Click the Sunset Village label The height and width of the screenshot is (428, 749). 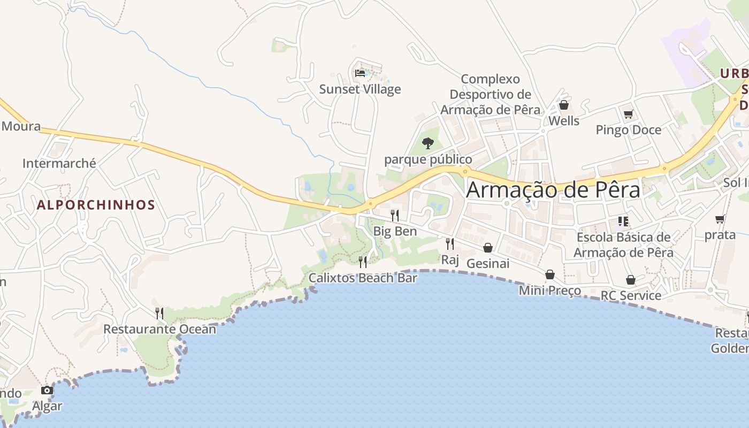coord(360,89)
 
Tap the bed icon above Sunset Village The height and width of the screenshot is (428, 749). coord(360,73)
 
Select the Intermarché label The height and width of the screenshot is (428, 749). coord(59,163)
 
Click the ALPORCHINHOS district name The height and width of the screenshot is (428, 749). coord(96,205)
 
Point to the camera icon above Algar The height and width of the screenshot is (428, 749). coord(47,390)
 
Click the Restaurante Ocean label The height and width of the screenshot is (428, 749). coord(159,328)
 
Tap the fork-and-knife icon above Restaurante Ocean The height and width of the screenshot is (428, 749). coord(159,313)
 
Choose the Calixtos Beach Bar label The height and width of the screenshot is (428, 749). coord(363,278)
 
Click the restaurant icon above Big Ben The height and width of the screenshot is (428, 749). coord(395,215)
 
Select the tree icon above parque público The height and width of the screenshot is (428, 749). coord(427,143)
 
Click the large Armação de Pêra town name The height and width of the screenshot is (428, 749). coord(553,190)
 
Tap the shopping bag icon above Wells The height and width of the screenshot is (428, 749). coord(563,105)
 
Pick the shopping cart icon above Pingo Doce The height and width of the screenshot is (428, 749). coord(628,114)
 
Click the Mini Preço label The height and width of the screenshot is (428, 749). coord(550,291)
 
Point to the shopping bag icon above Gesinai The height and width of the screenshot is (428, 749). coord(488,248)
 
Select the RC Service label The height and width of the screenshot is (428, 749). coord(631,295)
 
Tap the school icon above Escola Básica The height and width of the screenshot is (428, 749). coord(623,221)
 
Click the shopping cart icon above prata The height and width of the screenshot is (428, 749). coord(720,219)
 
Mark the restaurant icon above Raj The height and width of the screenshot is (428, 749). coord(450,244)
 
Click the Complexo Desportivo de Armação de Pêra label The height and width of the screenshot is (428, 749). coord(490,95)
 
